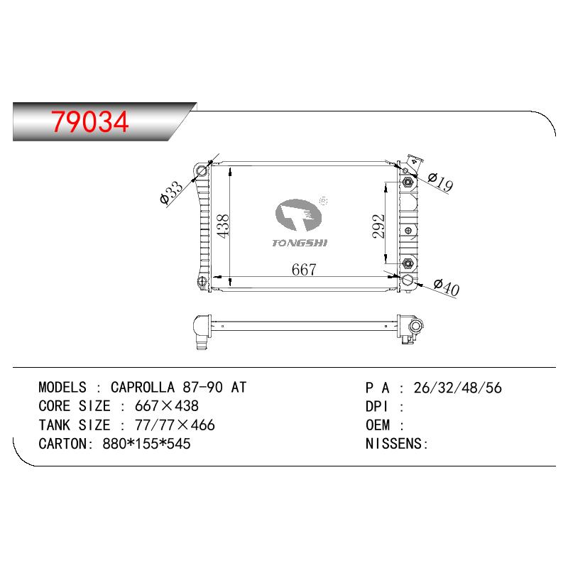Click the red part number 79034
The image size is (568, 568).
pyautogui.click(x=90, y=121)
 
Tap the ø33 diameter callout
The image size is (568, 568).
pyautogui.click(x=171, y=193)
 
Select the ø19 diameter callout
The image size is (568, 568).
pyautogui.click(x=440, y=182)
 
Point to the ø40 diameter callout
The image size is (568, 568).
pyautogui.click(x=447, y=288)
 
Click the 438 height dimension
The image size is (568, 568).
pyautogui.click(x=223, y=226)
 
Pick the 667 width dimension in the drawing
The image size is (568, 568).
pyautogui.click(x=304, y=270)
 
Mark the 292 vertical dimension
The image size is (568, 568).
pyautogui.click(x=378, y=226)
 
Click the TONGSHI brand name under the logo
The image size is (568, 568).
pyautogui.click(x=300, y=243)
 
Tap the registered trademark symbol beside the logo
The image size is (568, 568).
pyautogui.click(x=324, y=201)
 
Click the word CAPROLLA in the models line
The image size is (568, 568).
pyautogui.click(x=143, y=387)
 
